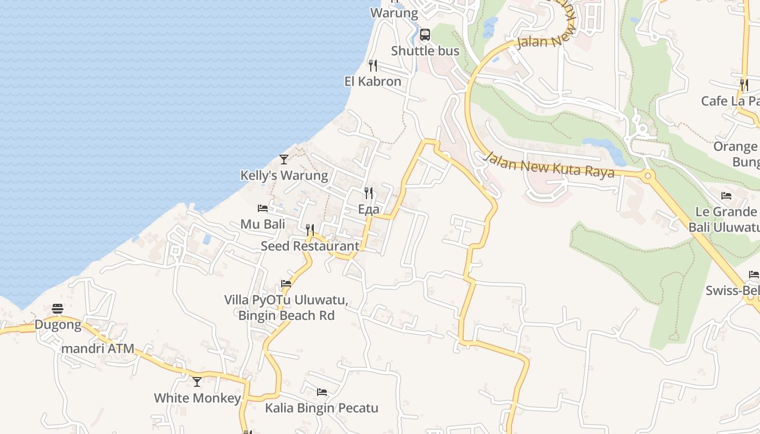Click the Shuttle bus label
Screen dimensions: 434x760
point(425,51)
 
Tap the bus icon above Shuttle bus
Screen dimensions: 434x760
point(425,35)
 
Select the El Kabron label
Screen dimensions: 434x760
point(373,81)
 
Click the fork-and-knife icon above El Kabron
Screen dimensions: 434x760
point(373,66)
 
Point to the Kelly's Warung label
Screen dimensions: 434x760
point(284,176)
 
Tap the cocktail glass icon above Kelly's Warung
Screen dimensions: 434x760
point(284,159)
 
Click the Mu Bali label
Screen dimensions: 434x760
point(263,224)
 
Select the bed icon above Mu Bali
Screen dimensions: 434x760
point(263,208)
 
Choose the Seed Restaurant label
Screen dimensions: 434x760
point(310,246)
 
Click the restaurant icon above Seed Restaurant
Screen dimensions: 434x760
point(310,230)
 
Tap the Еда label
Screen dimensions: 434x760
point(369,209)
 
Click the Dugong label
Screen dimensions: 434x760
point(58,325)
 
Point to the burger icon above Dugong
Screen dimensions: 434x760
point(58,309)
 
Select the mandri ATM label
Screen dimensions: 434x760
point(98,348)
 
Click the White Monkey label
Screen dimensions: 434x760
point(197,398)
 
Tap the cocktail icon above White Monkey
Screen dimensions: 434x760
point(197,382)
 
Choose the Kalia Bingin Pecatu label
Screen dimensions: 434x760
point(321,408)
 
